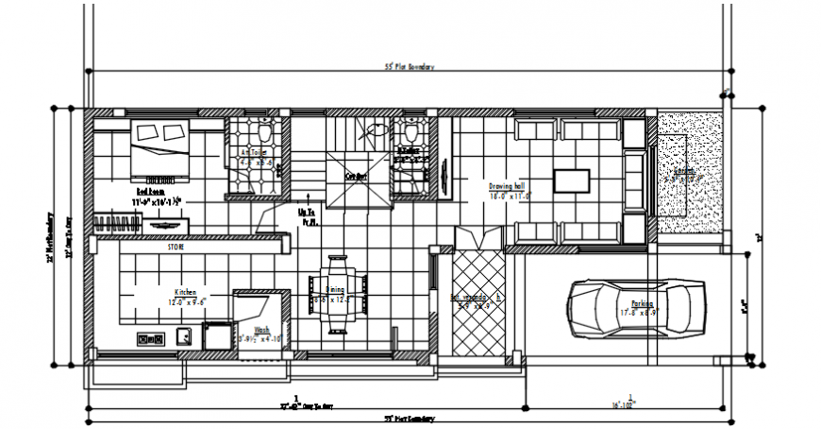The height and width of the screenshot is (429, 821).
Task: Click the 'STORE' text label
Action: tap(176, 247)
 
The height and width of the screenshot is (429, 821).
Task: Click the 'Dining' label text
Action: tap(334, 290)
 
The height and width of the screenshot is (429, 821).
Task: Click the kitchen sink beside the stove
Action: tap(184, 335)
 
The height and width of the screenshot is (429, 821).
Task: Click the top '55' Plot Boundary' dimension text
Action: tap(410, 67)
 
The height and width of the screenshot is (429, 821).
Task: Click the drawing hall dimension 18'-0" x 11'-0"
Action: tap(511, 196)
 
